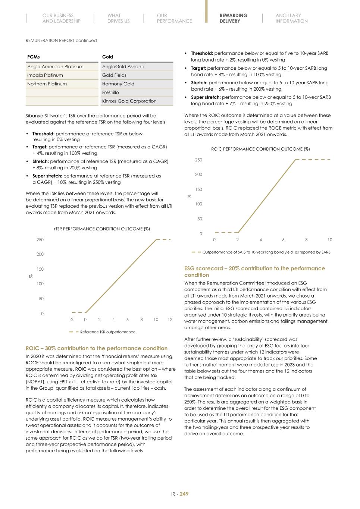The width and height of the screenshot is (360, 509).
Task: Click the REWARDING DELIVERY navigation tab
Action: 233,18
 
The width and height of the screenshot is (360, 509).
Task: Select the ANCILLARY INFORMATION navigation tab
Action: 291,18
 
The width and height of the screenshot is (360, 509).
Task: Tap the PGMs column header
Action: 34,57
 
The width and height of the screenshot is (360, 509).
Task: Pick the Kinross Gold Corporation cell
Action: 129,101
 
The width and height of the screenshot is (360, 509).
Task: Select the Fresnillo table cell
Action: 110,92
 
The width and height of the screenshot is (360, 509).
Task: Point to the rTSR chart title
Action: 102,229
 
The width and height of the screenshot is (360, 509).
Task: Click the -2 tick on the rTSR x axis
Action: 71,320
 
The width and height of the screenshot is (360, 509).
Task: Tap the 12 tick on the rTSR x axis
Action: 170,320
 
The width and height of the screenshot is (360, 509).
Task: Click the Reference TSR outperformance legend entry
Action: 107,332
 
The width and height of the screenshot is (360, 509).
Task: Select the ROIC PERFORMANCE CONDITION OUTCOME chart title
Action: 260,149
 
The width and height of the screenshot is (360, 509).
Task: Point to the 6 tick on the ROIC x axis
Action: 284,240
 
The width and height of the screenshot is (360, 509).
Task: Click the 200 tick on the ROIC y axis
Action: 198,175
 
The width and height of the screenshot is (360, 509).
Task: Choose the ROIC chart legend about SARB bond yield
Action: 266,252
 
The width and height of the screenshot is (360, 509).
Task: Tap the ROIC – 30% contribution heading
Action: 97,348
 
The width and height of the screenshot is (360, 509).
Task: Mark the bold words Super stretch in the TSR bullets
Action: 47,176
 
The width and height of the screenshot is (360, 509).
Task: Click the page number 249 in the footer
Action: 184,494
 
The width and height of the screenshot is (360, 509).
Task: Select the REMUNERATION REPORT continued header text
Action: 61,40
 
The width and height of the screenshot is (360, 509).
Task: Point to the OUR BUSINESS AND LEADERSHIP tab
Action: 61,18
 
